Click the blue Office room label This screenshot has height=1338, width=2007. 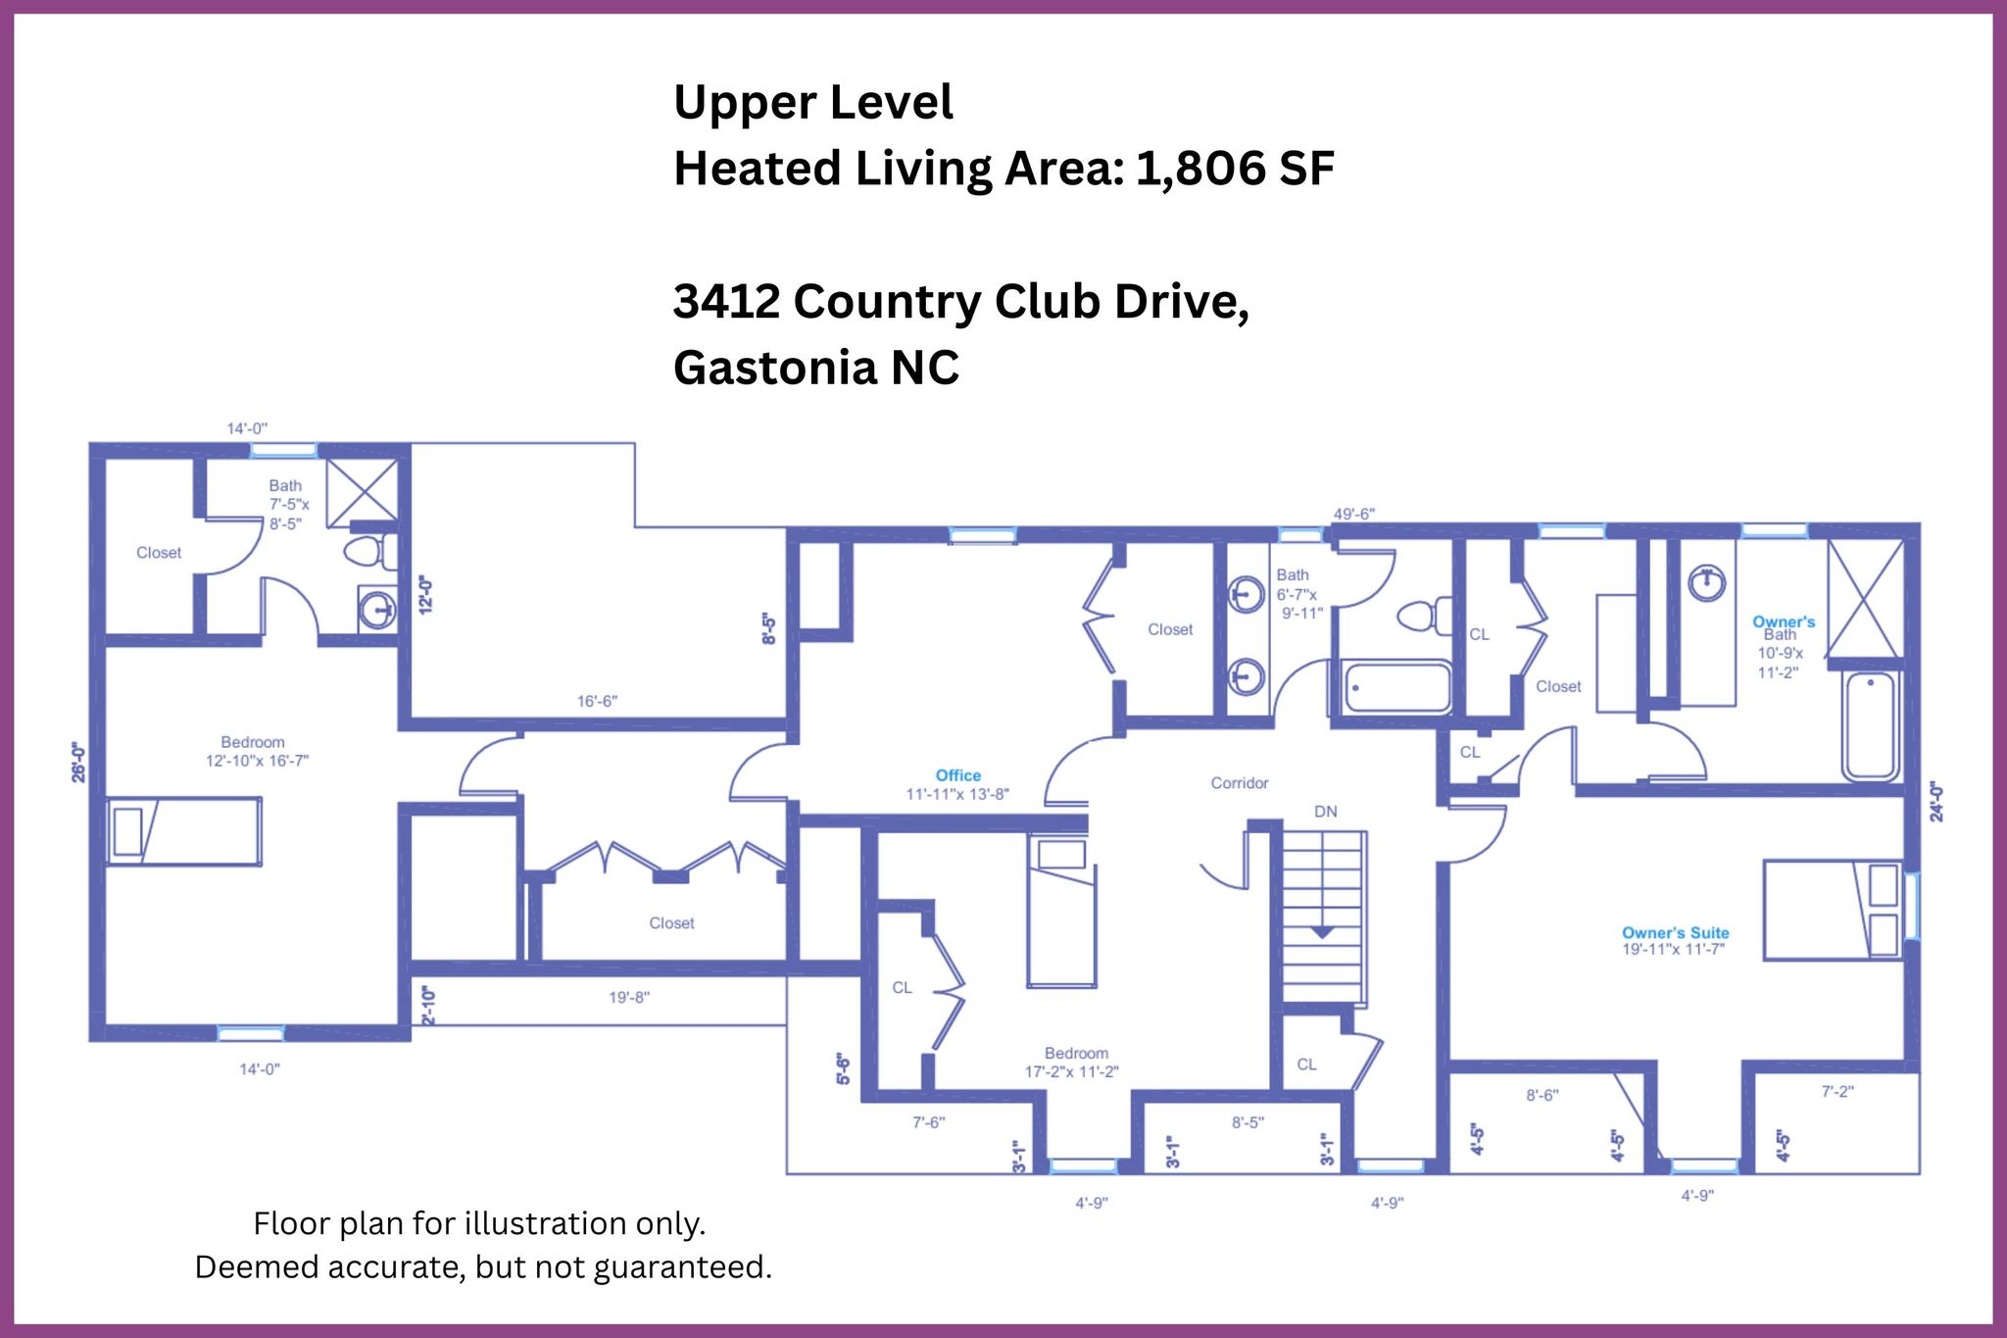pyautogui.click(x=957, y=775)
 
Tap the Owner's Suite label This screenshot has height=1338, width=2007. pyautogui.click(x=1675, y=933)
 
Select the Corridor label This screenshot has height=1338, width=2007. pyautogui.click(x=1239, y=783)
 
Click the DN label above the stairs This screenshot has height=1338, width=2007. pyautogui.click(x=1325, y=812)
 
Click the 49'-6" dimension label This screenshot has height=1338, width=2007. pyautogui.click(x=1353, y=514)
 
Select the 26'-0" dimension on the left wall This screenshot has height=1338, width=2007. pyautogui.click(x=78, y=762)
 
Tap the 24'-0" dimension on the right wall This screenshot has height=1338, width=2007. pyautogui.click(x=1935, y=801)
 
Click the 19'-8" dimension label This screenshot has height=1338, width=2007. pyautogui.click(x=629, y=998)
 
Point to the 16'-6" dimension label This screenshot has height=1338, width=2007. pyautogui.click(x=597, y=701)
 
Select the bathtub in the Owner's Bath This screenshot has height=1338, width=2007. pyautogui.click(x=1871, y=726)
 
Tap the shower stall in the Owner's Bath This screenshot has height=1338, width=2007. pyautogui.click(x=1866, y=598)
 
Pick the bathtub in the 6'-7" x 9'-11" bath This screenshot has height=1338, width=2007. pyautogui.click(x=1395, y=688)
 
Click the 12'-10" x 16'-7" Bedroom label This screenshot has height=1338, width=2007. pyautogui.click(x=257, y=752)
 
